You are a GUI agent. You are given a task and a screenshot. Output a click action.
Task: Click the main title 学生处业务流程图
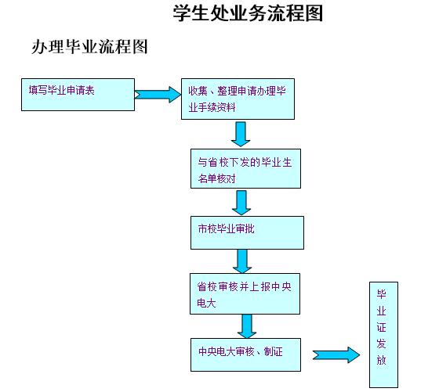click(248, 13)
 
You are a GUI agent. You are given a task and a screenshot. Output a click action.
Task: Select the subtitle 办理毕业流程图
click(89, 46)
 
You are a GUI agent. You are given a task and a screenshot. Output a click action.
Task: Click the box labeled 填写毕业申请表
click(78, 95)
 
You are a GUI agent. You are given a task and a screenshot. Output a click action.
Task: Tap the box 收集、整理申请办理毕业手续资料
click(238, 99)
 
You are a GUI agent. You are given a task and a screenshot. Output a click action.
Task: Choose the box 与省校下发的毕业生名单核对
click(245, 168)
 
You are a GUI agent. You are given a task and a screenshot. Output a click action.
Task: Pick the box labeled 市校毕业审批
click(247, 232)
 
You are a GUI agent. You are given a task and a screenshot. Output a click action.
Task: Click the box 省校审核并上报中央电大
click(245, 293)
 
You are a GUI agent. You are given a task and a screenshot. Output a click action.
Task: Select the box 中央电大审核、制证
click(245, 354)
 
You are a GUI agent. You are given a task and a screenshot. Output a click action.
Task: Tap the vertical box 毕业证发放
click(383, 335)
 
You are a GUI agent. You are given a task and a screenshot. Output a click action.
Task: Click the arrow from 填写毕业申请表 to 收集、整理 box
click(158, 95)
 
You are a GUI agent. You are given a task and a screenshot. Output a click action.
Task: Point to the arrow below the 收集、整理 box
click(241, 134)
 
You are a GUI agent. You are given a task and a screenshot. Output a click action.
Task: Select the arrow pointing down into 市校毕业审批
click(241, 203)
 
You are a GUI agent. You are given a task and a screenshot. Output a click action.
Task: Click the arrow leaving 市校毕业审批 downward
click(242, 261)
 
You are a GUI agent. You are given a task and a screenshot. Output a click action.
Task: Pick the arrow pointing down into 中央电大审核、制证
click(247, 326)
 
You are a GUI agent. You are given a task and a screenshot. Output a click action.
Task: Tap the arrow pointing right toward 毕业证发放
click(336, 355)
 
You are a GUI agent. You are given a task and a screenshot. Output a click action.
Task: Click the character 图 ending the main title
click(314, 13)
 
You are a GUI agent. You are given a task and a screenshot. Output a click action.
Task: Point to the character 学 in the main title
click(182, 13)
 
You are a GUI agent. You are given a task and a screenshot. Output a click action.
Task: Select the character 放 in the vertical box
click(381, 360)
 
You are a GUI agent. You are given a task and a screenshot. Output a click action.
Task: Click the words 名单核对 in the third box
click(216, 178)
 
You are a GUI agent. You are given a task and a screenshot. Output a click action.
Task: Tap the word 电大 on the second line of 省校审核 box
click(206, 303)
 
